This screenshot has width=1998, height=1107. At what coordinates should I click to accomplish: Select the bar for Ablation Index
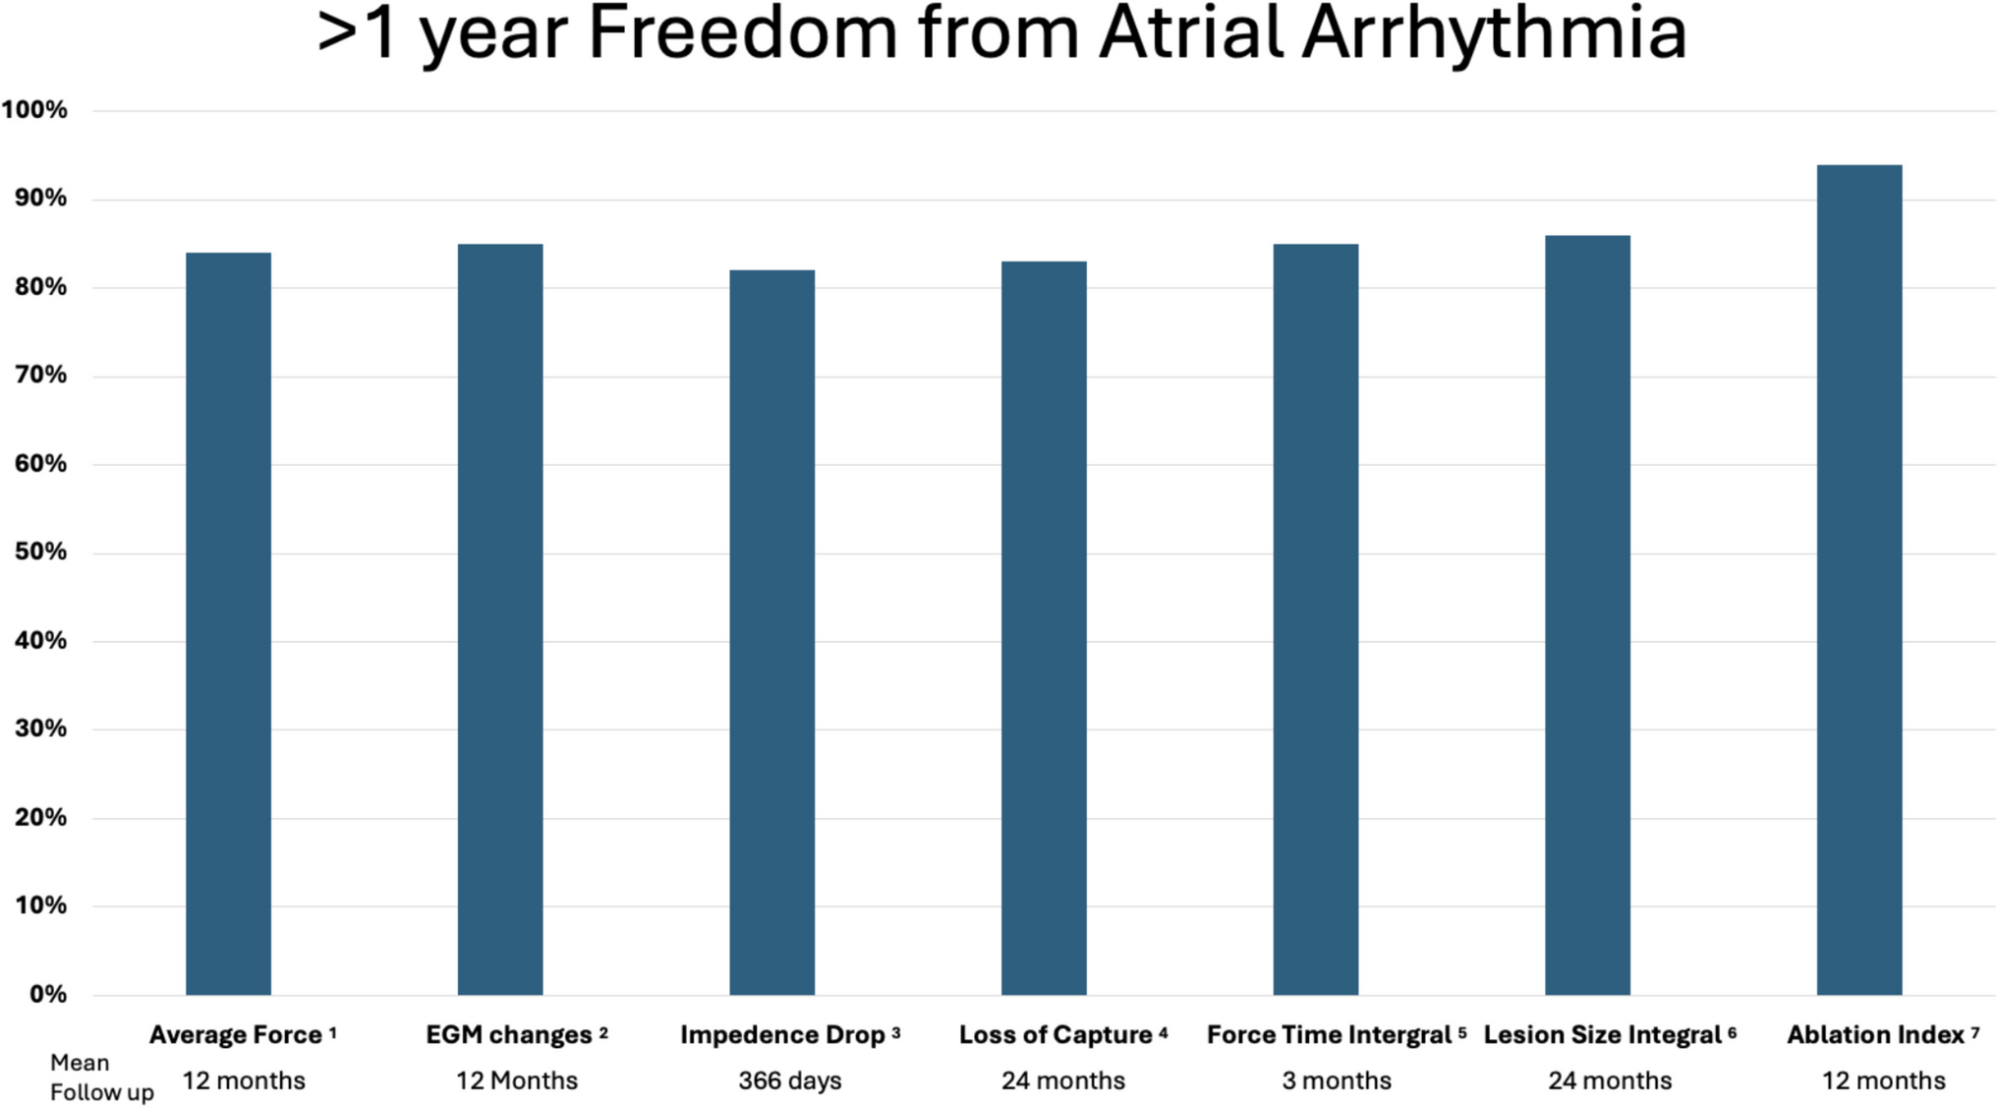point(1858,580)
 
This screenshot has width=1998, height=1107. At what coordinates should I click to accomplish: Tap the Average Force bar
point(228,623)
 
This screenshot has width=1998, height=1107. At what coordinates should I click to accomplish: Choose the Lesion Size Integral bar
point(1587,614)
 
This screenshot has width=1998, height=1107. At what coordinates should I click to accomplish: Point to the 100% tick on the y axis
point(34,110)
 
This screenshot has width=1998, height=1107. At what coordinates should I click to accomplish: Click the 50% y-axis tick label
point(40,552)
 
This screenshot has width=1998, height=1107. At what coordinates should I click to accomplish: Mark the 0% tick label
point(47,994)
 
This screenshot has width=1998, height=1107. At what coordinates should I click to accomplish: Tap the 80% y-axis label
point(40,287)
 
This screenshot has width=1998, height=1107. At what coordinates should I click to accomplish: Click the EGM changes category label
point(508,1035)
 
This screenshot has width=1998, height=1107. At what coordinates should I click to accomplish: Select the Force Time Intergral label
point(1329,1035)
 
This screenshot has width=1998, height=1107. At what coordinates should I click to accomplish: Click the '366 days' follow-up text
point(790,1081)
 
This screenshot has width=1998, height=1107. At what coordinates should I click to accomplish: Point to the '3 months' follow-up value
point(1337,1081)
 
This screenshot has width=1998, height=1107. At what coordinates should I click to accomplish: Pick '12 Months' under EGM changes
point(516,1081)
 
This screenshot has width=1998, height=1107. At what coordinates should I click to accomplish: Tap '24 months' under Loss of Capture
point(1063,1081)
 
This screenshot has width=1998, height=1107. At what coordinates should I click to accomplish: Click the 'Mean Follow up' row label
point(101,1078)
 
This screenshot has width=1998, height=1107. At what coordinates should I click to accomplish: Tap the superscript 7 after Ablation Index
point(1974,1031)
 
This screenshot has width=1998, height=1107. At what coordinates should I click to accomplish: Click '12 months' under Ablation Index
point(1883,1081)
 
